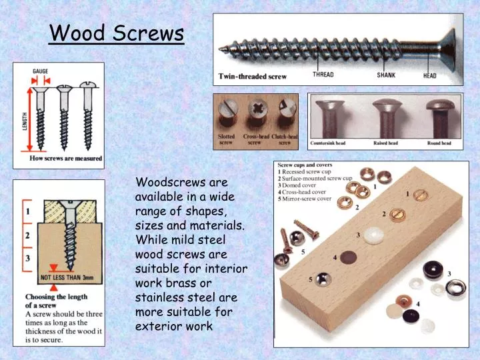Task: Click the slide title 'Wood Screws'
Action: (x=117, y=33)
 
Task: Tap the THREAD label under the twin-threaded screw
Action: (x=323, y=75)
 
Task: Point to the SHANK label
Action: (x=385, y=75)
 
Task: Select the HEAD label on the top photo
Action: (x=430, y=75)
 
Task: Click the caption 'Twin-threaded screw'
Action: (x=253, y=77)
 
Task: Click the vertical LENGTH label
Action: (x=25, y=121)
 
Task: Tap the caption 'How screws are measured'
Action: (x=66, y=158)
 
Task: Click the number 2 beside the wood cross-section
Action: (x=28, y=235)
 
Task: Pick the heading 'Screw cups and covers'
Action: (x=305, y=165)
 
